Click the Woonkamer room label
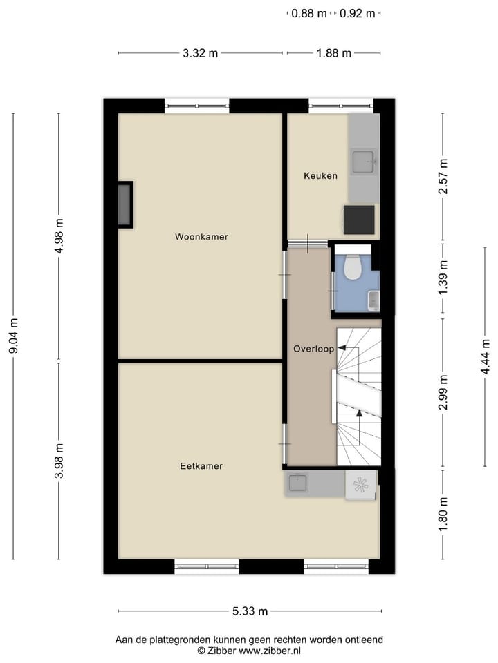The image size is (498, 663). point(201,237)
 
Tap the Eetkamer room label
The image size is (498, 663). point(201,466)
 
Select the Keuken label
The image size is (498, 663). point(320,176)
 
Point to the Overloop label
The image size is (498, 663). point(313,349)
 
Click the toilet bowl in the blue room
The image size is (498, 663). point(353,267)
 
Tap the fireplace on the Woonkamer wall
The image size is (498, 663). point(125,204)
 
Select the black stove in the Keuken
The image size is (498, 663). point(360,220)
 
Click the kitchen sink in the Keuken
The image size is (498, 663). point(364,162)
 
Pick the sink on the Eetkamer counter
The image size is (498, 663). point(299,483)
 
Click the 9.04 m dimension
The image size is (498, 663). point(13,336)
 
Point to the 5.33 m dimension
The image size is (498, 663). point(249,611)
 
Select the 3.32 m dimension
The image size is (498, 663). point(201,53)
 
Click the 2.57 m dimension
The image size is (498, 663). point(443,176)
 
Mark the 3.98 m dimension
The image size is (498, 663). point(59,461)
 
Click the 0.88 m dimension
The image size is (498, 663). point(308,13)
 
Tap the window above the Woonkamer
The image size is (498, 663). point(197,106)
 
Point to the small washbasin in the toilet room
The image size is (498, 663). point(373,300)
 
